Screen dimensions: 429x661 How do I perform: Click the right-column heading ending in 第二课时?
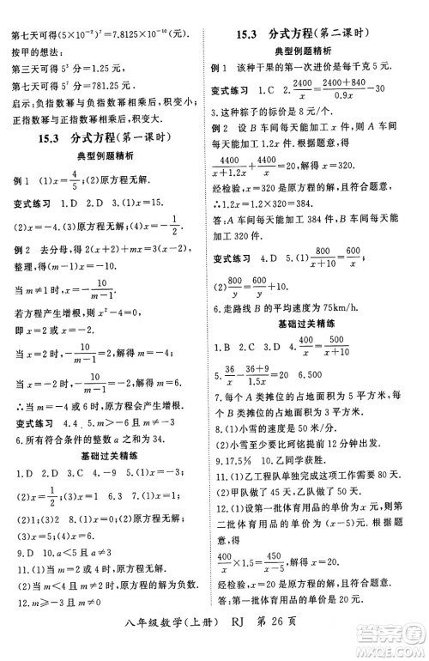(x=319, y=35)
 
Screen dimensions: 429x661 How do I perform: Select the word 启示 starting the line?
(x=20, y=108)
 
